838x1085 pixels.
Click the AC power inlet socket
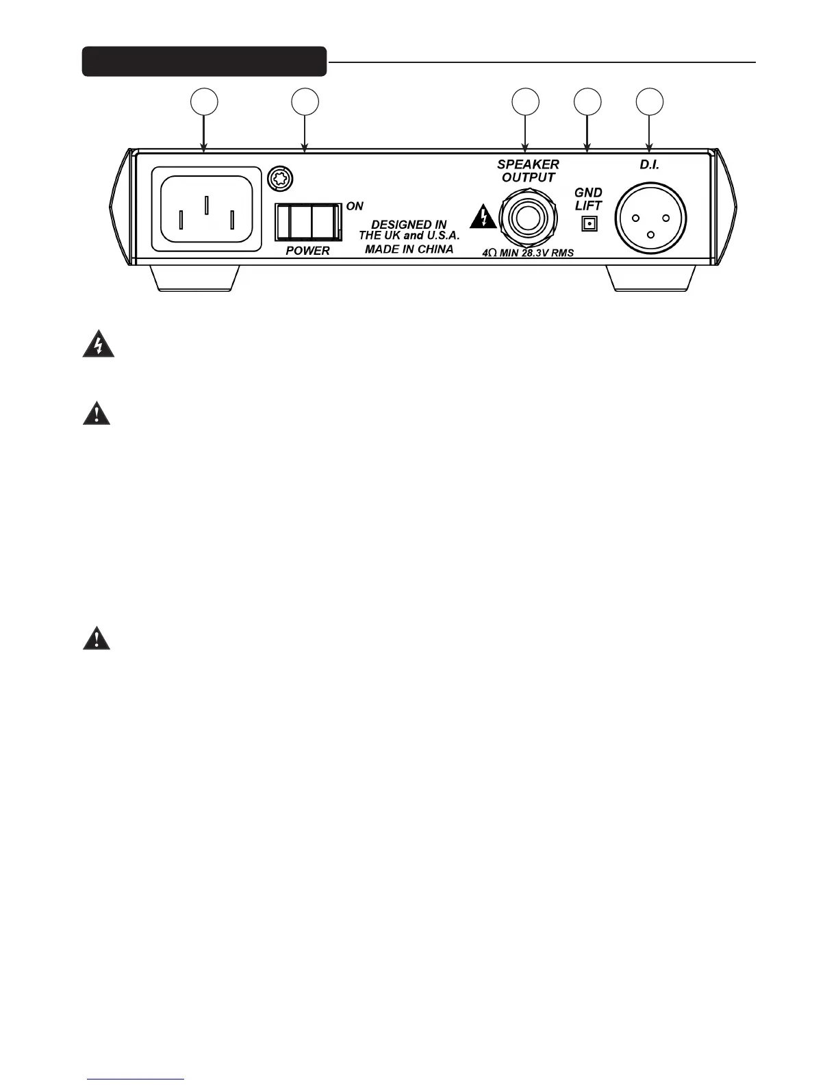[x=211, y=208]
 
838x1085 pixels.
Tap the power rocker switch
[x=308, y=222]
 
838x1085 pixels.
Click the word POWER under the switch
[x=307, y=251]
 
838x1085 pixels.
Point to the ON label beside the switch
[x=355, y=206]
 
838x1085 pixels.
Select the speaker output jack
[x=528, y=219]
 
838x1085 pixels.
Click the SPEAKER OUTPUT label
[x=528, y=171]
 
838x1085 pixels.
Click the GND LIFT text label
[x=588, y=199]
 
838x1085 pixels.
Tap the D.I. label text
[x=649, y=165]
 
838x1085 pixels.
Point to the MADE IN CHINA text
[x=409, y=249]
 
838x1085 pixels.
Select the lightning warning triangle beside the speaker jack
[x=483, y=219]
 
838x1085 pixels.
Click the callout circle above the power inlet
[x=203, y=101]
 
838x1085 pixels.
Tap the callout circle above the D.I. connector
[x=649, y=101]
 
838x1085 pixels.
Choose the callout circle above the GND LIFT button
[x=587, y=101]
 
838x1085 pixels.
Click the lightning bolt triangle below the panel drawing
[x=99, y=346]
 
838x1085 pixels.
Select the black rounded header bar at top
[x=204, y=62]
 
